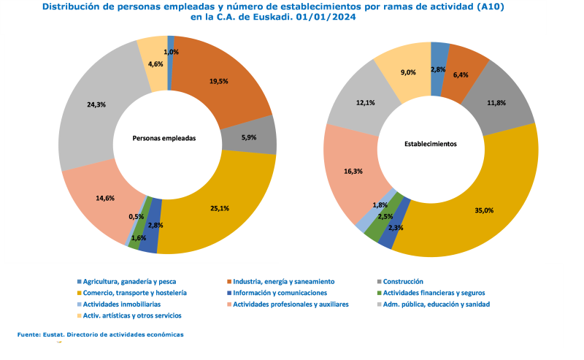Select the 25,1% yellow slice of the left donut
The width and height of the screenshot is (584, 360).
219,208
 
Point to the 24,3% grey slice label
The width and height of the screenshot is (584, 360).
96,104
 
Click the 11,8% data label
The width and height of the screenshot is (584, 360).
497,103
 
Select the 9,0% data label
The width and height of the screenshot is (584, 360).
408,72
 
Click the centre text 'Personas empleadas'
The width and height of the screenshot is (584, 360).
164,137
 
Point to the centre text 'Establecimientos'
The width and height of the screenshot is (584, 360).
431,144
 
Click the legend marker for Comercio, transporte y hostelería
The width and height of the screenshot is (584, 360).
79,293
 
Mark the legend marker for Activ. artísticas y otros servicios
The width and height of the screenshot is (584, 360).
79,315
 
